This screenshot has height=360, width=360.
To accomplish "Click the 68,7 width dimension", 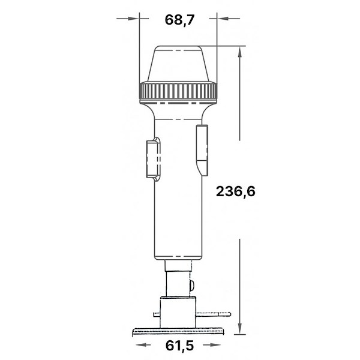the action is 179,20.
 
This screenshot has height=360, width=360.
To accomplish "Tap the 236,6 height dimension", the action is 236,191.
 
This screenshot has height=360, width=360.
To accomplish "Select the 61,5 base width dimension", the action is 179,346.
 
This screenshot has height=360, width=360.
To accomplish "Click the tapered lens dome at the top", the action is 178,64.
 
